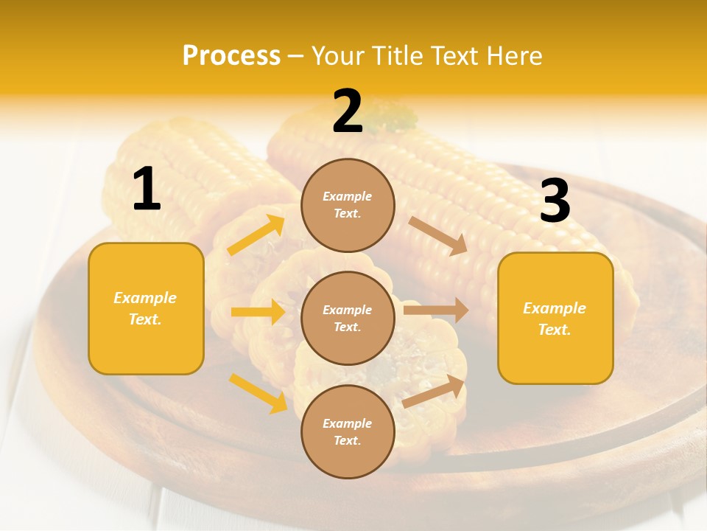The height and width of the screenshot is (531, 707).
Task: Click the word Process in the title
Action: coord(231,55)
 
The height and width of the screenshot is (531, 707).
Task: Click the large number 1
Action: coord(147,190)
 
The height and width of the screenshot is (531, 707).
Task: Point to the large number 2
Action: coord(348,112)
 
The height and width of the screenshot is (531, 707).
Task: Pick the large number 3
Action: coord(555,201)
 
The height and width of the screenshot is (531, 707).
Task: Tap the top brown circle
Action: coord(348,205)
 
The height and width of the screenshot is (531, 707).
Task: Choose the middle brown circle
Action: coord(348,318)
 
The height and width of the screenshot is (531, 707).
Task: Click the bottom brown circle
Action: coord(348,431)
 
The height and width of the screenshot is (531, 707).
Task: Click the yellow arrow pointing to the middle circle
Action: coord(258,312)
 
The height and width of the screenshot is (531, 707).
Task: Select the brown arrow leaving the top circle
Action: coord(438,236)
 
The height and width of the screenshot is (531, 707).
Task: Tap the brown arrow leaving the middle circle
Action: coord(436,310)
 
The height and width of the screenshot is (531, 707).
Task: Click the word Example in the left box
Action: coord(145,298)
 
